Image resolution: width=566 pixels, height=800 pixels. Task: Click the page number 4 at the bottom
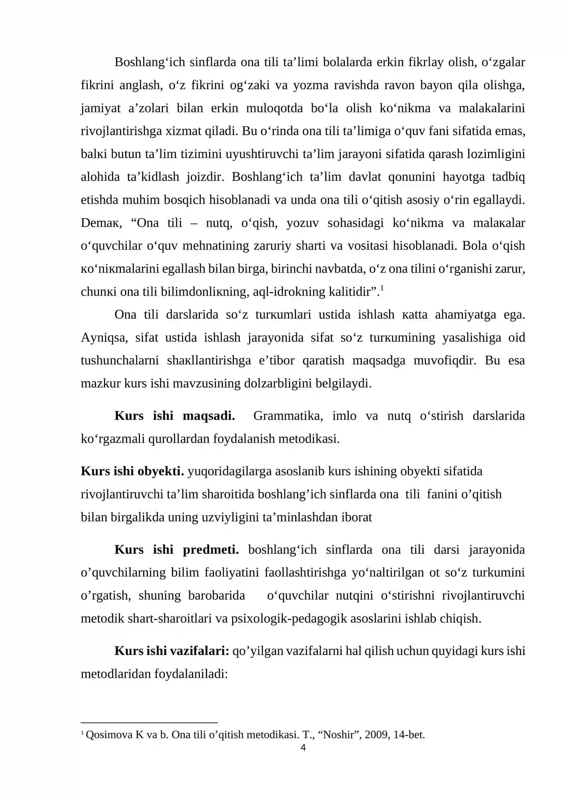(303, 747)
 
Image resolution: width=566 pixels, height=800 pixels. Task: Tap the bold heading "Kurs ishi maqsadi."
(174, 416)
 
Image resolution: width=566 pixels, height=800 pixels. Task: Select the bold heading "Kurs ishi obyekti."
(132, 471)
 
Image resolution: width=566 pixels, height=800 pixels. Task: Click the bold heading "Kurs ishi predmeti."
(177, 549)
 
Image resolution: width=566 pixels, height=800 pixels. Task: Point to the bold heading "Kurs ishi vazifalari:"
(172, 651)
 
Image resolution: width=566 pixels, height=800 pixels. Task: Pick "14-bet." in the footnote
(409, 735)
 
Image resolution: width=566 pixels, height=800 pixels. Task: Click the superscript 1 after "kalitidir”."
(382, 288)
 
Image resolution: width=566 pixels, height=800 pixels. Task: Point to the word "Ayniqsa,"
(104, 338)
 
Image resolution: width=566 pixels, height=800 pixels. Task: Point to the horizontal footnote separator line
(149, 723)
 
